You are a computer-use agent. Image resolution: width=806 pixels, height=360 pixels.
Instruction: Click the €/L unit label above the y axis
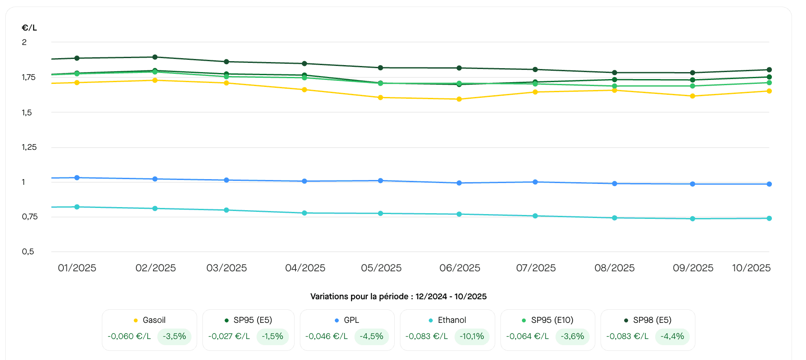click(x=29, y=28)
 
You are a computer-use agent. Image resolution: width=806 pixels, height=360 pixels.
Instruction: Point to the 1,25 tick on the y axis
click(x=29, y=147)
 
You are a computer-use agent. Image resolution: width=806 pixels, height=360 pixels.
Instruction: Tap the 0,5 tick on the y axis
click(x=28, y=252)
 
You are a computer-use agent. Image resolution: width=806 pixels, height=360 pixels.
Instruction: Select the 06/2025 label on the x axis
click(x=459, y=268)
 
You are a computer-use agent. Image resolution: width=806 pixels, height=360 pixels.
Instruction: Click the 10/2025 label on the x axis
click(x=751, y=268)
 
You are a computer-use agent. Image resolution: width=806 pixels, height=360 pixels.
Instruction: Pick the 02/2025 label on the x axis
click(x=156, y=268)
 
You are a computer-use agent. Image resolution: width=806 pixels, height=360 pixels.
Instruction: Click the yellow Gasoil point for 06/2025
click(x=459, y=99)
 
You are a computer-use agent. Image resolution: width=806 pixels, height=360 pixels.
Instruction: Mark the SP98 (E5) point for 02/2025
click(x=155, y=57)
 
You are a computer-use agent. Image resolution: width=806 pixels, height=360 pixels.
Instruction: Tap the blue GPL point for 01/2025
click(x=77, y=178)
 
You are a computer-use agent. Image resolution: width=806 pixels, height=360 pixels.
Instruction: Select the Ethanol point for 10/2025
click(x=769, y=218)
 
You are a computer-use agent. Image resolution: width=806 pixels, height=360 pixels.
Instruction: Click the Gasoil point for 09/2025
click(x=692, y=96)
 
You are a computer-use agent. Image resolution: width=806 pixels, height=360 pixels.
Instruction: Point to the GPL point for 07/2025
click(x=535, y=182)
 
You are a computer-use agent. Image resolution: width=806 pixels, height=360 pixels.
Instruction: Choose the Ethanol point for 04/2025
click(x=305, y=213)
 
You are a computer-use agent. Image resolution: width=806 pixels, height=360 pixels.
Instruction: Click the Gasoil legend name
click(x=154, y=320)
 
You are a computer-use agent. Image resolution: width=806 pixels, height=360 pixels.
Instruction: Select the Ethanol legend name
click(x=452, y=320)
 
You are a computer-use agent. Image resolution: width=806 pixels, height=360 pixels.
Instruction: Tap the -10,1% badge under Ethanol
click(x=472, y=336)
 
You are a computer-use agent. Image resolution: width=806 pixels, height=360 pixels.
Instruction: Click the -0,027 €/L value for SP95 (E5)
click(x=229, y=336)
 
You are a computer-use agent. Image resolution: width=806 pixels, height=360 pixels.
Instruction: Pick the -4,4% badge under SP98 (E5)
click(x=672, y=336)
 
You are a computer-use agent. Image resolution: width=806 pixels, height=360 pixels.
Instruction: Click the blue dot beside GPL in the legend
click(x=337, y=321)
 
